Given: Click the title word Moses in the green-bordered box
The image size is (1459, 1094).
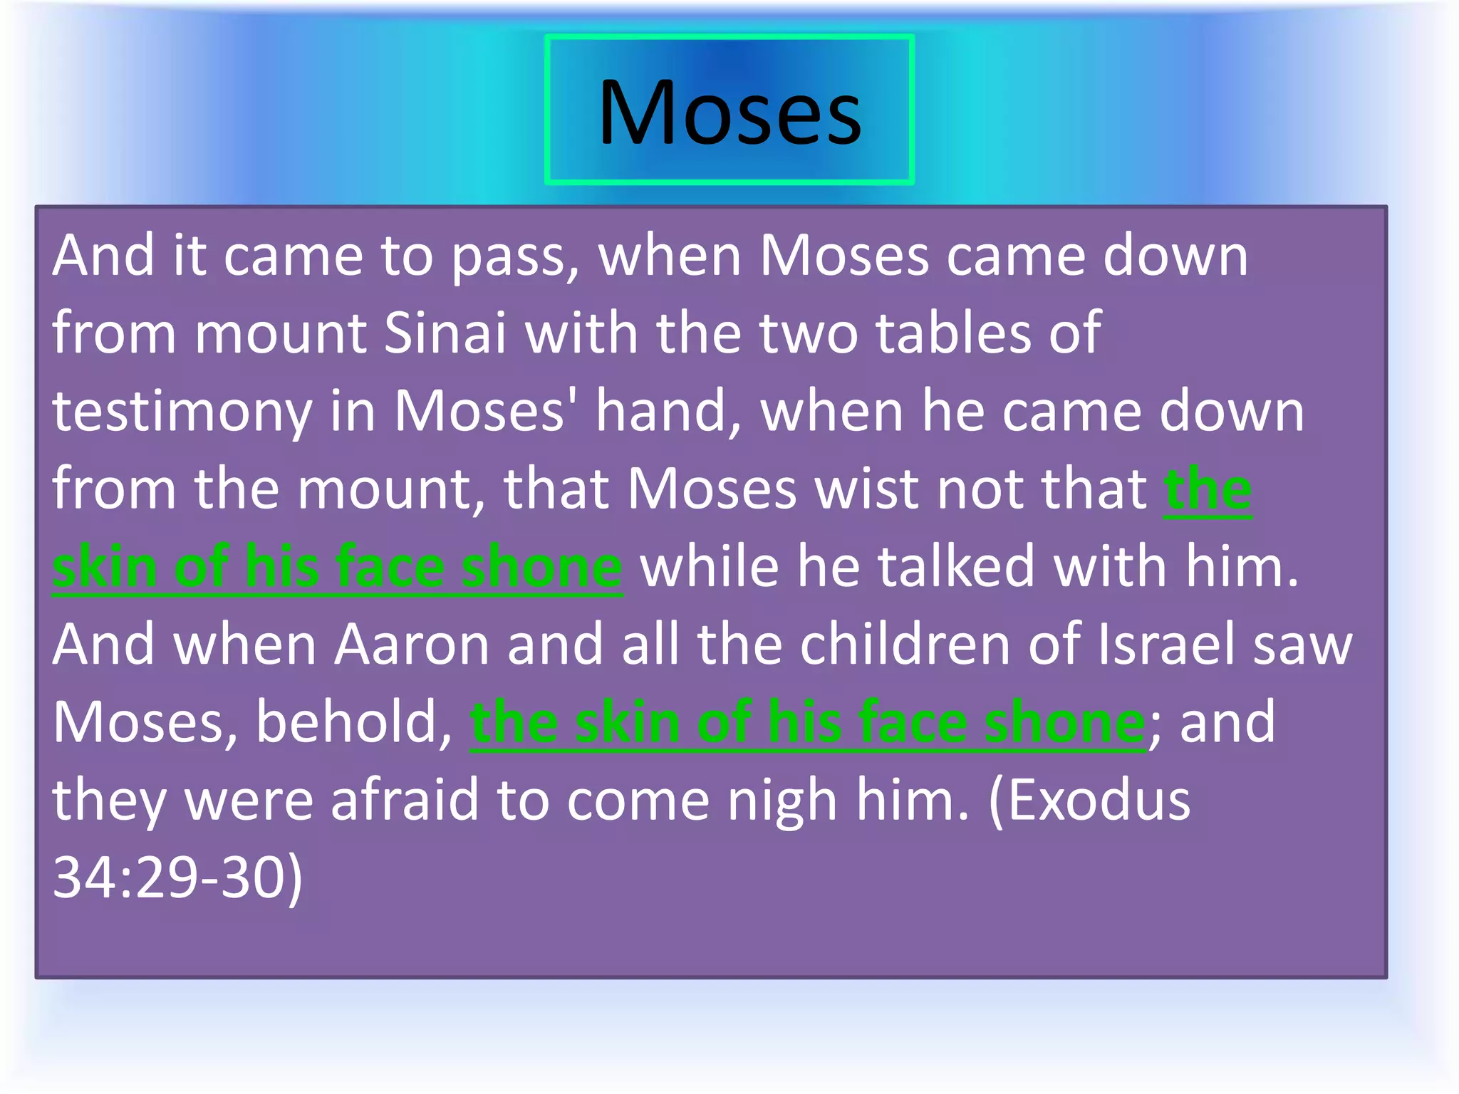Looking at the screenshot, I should point(729,113).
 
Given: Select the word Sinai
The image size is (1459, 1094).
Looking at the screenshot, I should point(445,333).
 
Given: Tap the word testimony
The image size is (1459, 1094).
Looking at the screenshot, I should point(182,412).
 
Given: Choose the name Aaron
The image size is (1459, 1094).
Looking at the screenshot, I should point(412,645).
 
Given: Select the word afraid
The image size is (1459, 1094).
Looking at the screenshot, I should point(405,800).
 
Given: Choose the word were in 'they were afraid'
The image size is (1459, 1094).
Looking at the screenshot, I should point(249,800).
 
